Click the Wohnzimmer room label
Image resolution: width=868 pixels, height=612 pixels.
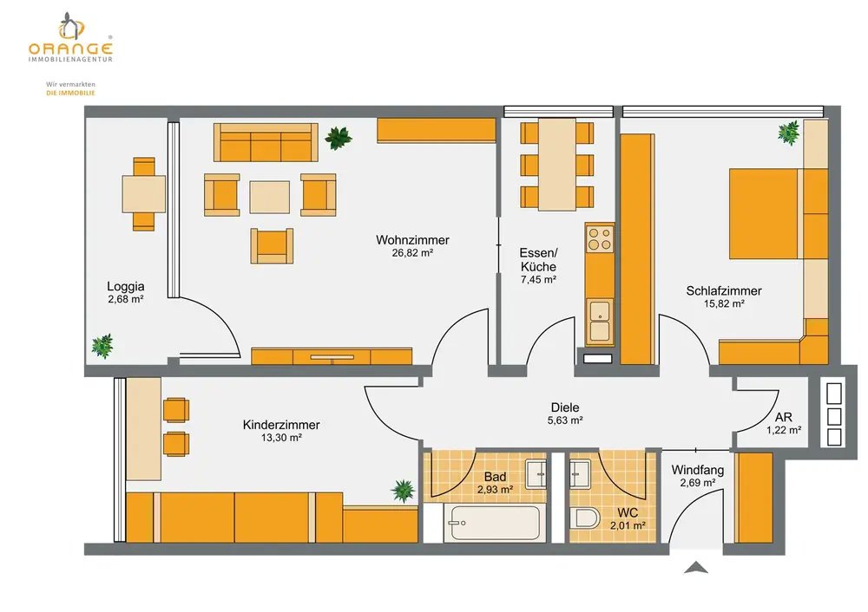[412, 240]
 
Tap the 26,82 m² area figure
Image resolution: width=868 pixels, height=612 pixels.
[412, 253]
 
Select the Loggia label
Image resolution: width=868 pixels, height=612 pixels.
[126, 286]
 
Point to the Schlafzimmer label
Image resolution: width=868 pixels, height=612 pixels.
[724, 290]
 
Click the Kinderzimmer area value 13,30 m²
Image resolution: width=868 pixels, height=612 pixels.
[281, 438]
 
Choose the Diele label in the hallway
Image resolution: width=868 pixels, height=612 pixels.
[565, 407]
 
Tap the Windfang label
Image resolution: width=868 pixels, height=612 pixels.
[698, 470]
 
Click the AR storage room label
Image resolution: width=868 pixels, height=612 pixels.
[783, 418]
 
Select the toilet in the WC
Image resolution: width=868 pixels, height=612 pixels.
[585, 519]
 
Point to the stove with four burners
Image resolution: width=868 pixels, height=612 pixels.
[600, 238]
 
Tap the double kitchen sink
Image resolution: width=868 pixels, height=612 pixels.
[600, 321]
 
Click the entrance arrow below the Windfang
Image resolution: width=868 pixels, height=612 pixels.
[696, 567]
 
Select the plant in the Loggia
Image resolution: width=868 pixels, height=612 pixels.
[103, 346]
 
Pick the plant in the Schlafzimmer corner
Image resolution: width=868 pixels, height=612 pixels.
[789, 133]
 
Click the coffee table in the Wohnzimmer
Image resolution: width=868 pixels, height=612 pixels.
[270, 198]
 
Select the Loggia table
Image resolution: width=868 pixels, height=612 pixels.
[144, 193]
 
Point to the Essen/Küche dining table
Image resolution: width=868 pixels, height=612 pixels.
[557, 164]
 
